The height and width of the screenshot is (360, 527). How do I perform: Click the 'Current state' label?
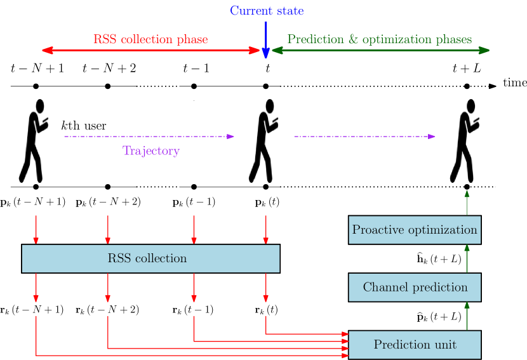pyautogui.click(x=267, y=11)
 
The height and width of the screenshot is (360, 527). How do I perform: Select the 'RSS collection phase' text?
pyautogui.click(x=150, y=39)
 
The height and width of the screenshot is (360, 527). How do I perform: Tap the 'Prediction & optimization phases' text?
pyautogui.click(x=380, y=39)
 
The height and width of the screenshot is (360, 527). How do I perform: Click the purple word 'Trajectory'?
pyautogui.click(x=151, y=151)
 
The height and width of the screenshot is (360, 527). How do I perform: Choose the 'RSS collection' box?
pyautogui.click(x=150, y=258)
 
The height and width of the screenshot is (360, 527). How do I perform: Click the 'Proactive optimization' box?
pyautogui.click(x=415, y=230)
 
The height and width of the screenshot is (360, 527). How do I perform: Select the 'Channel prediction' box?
pyautogui.click(x=415, y=288)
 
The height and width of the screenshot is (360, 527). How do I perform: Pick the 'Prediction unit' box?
pyautogui.click(x=415, y=345)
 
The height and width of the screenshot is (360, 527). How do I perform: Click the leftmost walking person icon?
pyautogui.click(x=34, y=141)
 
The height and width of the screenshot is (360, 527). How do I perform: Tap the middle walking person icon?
pyautogui.click(x=264, y=141)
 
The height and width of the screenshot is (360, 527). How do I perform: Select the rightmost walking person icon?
pyautogui.click(x=465, y=141)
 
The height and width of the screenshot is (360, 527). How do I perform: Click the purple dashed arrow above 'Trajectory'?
pyautogui.click(x=149, y=136)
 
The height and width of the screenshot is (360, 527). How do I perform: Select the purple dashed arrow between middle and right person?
pyautogui.click(x=364, y=136)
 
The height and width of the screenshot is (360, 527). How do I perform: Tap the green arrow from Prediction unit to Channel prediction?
pyautogui.click(x=467, y=316)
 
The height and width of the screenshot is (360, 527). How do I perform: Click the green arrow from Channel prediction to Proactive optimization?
pyautogui.click(x=467, y=258)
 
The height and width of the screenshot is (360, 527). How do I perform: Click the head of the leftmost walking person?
pyautogui.click(x=41, y=106)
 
